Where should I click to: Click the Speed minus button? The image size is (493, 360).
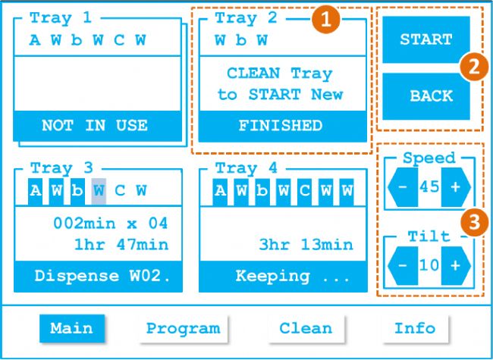pos(403,187)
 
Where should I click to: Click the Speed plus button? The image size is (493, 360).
pos(455,187)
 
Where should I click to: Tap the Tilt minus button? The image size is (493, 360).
pos(403,265)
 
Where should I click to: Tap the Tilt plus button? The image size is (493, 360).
pos(455,265)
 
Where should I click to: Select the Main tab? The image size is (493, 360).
pos(72,328)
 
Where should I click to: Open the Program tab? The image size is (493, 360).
pos(183,328)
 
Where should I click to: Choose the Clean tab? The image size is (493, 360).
pos(306,328)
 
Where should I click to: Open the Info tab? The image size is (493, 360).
pos(414,328)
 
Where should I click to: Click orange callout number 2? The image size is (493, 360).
pos(473,66)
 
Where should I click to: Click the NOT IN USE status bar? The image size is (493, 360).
pos(95,126)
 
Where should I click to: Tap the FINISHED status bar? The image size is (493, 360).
pos(281,126)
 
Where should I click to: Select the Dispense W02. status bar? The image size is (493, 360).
pos(98,276)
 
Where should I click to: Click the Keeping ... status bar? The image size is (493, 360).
pos(281,276)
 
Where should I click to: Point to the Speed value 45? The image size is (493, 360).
pos(429,187)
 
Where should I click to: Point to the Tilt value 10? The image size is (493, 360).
pos(429,265)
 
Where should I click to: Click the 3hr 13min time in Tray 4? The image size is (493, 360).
pos(306,244)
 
